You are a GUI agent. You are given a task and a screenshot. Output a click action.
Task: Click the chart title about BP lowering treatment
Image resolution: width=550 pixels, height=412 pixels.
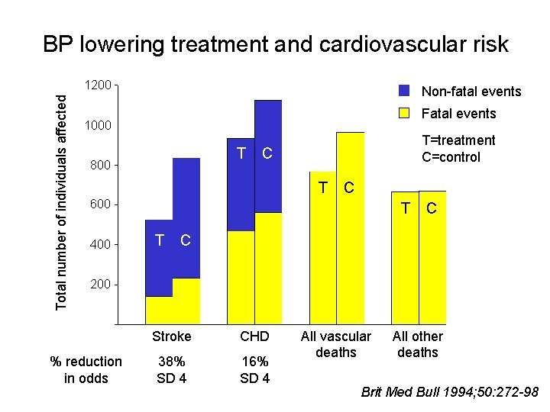[275, 44]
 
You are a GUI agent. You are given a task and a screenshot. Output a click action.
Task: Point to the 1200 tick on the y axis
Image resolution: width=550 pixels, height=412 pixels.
[99, 85]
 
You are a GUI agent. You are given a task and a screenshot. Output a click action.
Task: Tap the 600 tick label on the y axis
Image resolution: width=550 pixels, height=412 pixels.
[100, 204]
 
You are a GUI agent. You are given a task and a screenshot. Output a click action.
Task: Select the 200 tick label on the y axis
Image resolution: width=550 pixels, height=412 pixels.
[100, 284]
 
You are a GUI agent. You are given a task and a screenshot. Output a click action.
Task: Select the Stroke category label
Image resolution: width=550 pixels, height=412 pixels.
[172, 336]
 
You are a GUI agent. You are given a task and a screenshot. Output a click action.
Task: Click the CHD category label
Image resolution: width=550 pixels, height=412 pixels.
[254, 336]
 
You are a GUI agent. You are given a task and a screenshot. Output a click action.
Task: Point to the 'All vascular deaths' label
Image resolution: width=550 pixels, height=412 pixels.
[335, 344]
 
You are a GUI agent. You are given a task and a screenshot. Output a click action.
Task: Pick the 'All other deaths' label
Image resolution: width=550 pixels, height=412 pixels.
[417, 344]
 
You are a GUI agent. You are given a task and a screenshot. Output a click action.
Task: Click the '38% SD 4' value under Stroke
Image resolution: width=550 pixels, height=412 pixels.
[172, 369]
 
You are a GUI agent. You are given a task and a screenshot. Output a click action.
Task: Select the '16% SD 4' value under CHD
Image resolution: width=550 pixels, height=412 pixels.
[254, 369]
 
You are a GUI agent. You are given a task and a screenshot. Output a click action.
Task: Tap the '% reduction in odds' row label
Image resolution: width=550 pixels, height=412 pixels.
[86, 369]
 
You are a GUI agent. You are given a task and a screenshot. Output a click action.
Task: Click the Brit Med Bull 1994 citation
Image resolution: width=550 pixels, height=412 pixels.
[450, 393]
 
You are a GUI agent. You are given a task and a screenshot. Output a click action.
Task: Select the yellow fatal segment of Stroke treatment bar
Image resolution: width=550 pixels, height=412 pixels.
[159, 310]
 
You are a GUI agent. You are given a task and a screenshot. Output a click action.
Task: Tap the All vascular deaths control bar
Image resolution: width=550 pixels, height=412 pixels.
[350, 229]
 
